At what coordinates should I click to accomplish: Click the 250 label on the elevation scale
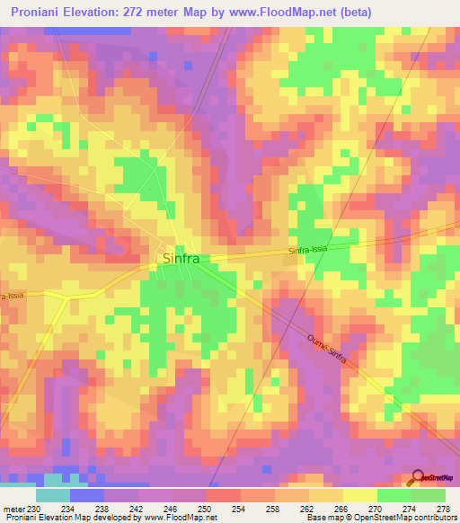click(x=205, y=509)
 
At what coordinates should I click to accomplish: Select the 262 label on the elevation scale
click(x=308, y=509)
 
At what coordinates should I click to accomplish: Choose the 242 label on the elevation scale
click(x=137, y=509)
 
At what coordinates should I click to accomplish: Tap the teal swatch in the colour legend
click(x=52, y=495)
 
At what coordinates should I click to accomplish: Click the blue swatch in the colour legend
click(x=86, y=495)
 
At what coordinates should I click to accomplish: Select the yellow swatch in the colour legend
click(x=359, y=495)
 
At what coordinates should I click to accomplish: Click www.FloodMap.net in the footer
click(x=179, y=518)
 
